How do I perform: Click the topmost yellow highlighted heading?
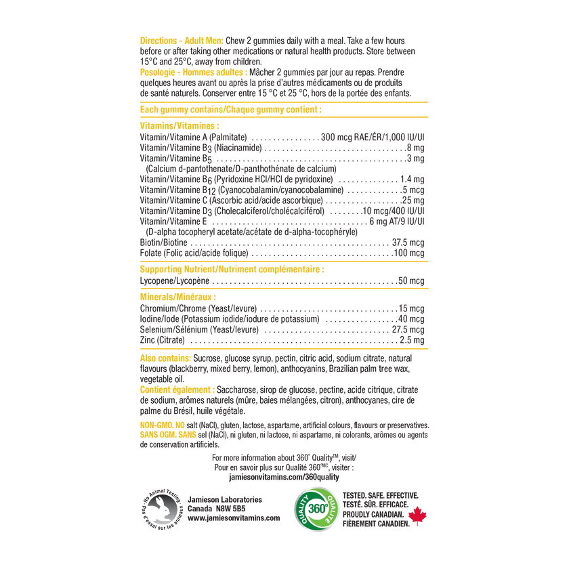(x=181, y=41)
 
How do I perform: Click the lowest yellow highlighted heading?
(x=168, y=432)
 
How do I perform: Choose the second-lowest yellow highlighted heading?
(x=177, y=391)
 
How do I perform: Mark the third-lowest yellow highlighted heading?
(x=166, y=357)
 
